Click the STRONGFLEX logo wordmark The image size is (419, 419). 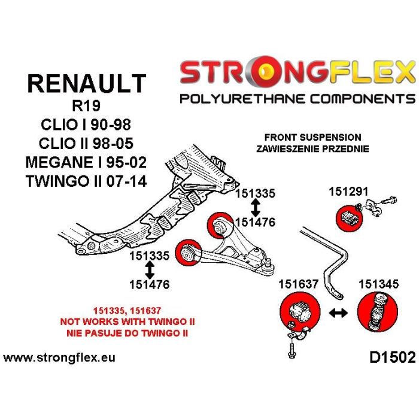pos(297,73)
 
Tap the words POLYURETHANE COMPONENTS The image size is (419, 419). pos(297,99)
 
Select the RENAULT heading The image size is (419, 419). pos(86,84)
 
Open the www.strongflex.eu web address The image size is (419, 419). pos(59,358)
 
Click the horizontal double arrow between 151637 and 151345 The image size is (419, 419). pos(337,312)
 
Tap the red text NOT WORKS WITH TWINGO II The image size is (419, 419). pos(127,321)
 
